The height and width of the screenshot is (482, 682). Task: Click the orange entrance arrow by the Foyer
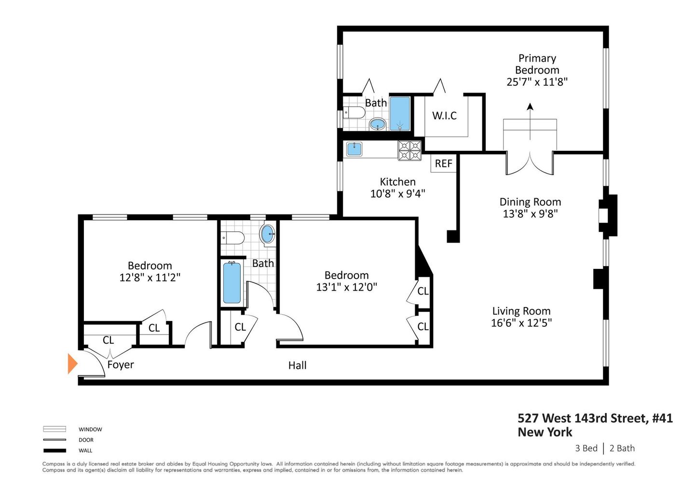click(x=72, y=363)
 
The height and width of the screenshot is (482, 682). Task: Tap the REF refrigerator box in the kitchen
click(x=443, y=163)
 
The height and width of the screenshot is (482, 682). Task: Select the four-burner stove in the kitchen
click(x=409, y=150)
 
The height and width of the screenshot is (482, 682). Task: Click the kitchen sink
click(x=355, y=149)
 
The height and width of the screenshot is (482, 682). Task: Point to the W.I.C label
click(x=444, y=116)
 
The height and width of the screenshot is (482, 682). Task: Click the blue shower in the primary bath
click(x=399, y=113)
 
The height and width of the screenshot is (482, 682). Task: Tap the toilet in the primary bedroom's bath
click(x=355, y=113)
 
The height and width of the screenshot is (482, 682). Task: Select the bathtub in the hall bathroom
click(x=232, y=283)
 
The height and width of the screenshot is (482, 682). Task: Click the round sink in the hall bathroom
click(x=268, y=234)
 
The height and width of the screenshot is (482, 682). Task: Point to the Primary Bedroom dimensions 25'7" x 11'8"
click(x=537, y=82)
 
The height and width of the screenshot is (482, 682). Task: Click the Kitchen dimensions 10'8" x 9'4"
click(x=397, y=194)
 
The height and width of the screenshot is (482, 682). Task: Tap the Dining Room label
click(x=530, y=202)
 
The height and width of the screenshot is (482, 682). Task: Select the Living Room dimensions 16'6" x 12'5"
click(x=521, y=323)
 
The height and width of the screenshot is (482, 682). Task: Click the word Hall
click(x=297, y=365)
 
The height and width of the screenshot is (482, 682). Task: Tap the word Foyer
click(x=121, y=365)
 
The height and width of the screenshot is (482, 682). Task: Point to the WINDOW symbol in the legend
click(x=55, y=429)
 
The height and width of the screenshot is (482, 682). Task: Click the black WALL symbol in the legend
click(x=55, y=451)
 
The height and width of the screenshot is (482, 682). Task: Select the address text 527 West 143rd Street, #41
click(x=595, y=418)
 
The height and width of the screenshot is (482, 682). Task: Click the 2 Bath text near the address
click(x=622, y=448)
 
